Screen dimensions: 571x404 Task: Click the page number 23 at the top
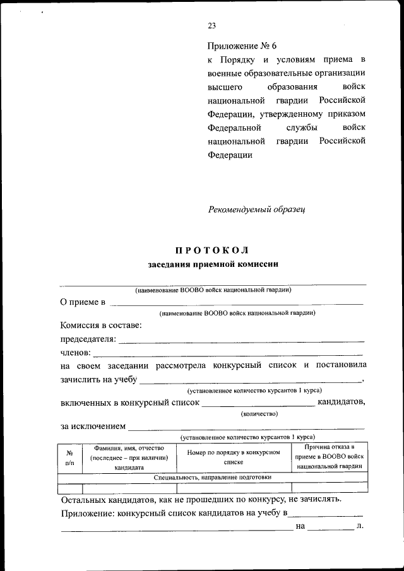[x=211, y=26]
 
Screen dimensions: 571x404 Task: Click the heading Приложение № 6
[x=242, y=46]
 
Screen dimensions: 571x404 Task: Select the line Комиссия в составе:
[x=101, y=325]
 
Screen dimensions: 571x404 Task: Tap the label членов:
[x=76, y=352]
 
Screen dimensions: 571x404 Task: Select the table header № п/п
[x=69, y=458]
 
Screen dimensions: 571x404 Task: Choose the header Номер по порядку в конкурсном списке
[x=233, y=457]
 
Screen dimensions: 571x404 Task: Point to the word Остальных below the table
[x=85, y=499]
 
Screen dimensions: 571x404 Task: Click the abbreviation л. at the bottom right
[x=360, y=525]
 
